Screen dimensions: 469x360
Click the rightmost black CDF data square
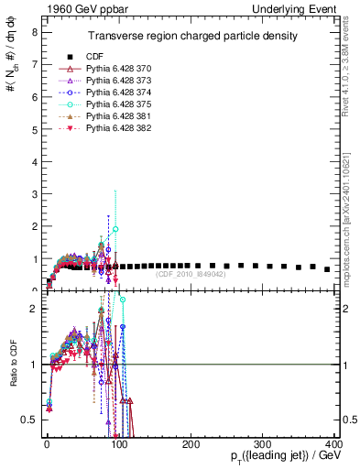(x=327, y=269)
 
